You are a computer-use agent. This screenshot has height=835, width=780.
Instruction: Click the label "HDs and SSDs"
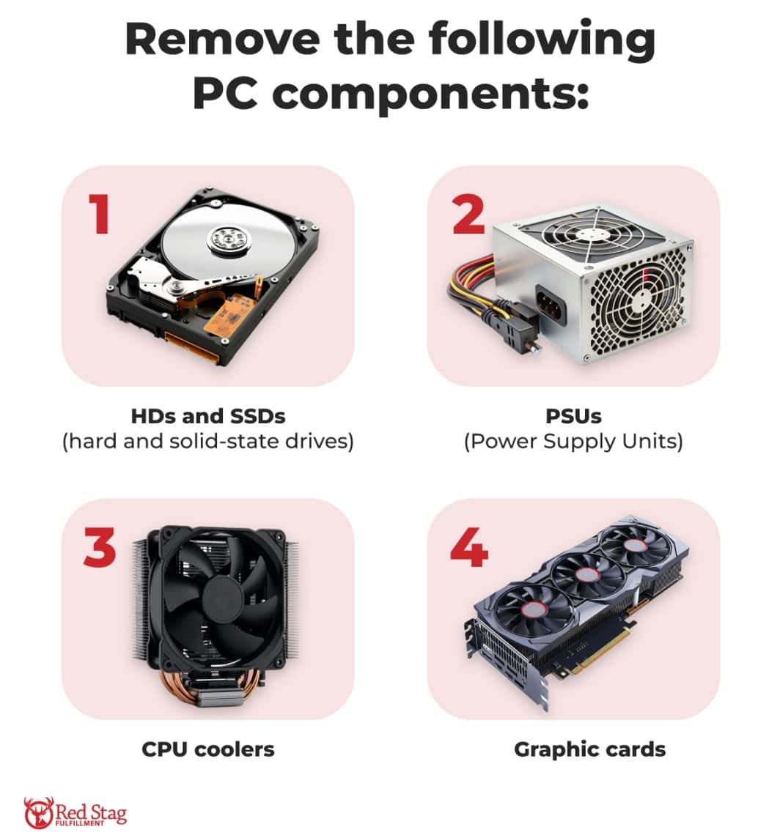207,417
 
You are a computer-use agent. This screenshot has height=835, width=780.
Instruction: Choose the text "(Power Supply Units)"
573,442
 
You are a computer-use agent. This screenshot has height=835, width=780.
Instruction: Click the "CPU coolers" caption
207,749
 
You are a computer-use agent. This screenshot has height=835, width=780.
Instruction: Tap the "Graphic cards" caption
589,749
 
